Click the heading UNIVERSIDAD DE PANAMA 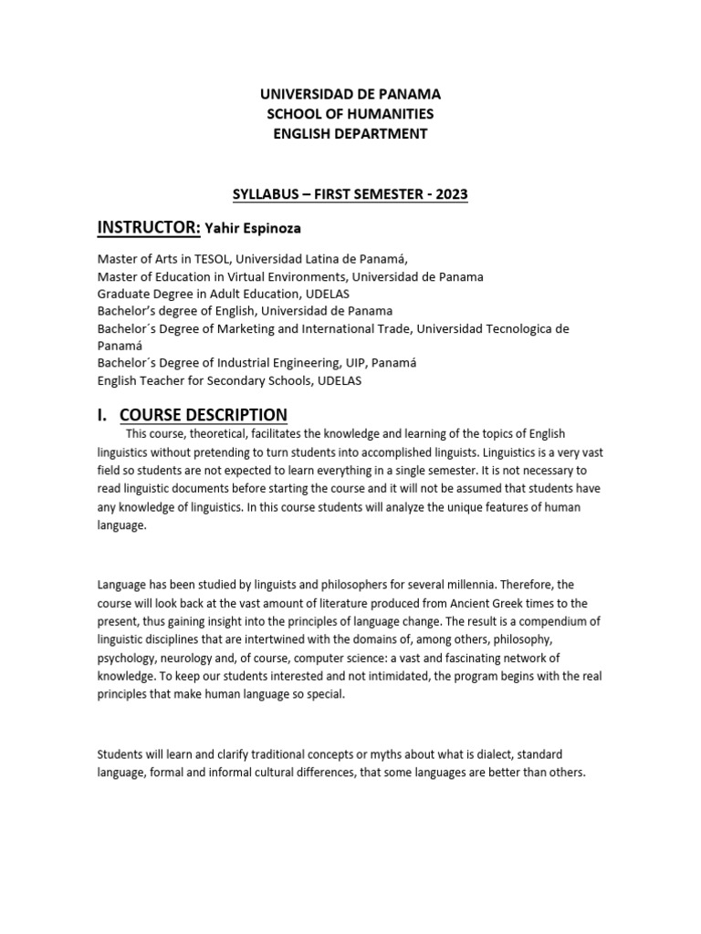pyautogui.click(x=350, y=94)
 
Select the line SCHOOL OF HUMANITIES pyautogui.click(x=350, y=114)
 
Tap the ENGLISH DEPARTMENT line pyautogui.click(x=350, y=134)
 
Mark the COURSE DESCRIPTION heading pyautogui.click(x=204, y=415)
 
